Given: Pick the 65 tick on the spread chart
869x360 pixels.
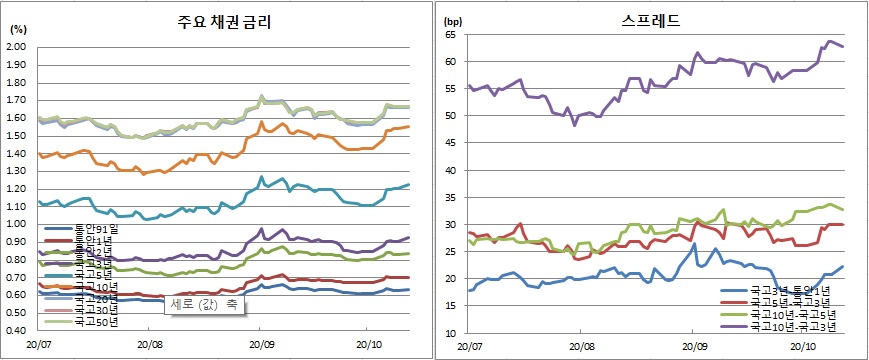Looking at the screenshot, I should [449, 34].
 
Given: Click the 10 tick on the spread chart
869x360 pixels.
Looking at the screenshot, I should [449, 333].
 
